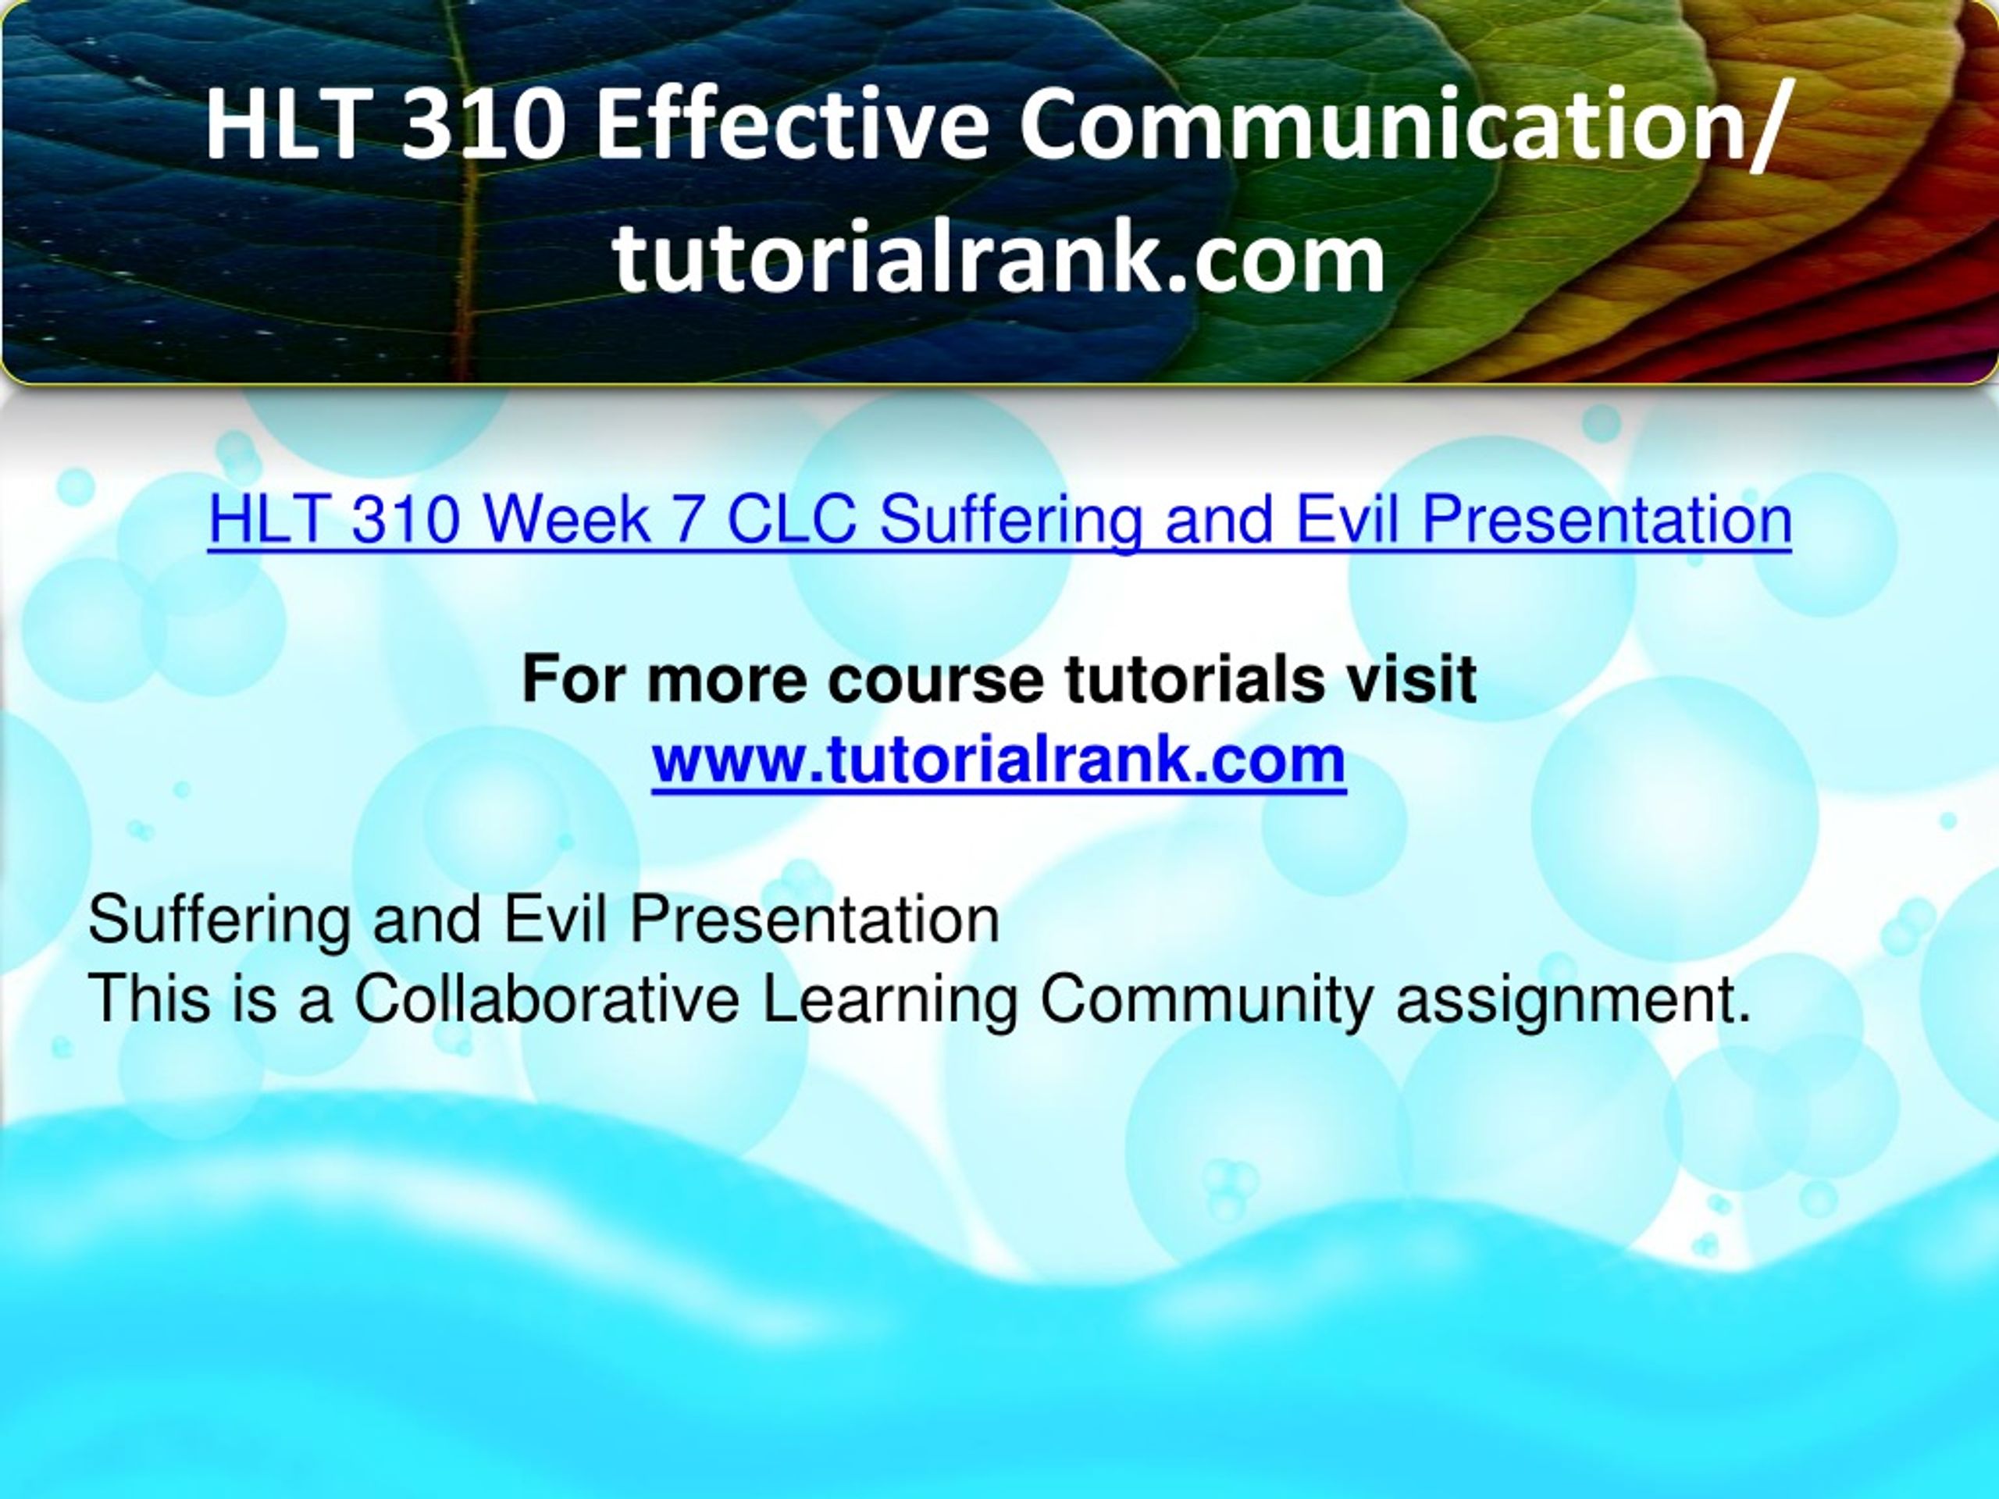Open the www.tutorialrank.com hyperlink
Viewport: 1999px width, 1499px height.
click(x=999, y=759)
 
